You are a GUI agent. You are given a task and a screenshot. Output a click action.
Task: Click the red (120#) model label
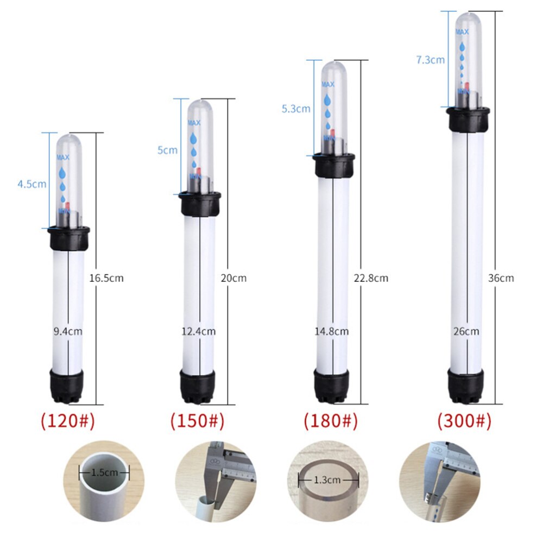tap(68, 421)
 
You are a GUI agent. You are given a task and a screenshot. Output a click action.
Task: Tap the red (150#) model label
tap(197, 421)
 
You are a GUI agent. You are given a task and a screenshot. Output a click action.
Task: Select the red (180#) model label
tap(331, 421)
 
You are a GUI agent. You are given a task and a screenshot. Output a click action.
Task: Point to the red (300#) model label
tap(465, 421)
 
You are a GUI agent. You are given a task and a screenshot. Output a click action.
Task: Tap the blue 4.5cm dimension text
tap(31, 184)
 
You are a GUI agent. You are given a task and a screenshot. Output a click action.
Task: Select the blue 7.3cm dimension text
tap(430, 60)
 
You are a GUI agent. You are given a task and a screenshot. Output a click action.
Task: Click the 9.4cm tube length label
tap(68, 330)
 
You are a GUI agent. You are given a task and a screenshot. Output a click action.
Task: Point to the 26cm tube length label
tap(466, 330)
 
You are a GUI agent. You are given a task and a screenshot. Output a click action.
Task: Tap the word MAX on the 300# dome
tap(462, 33)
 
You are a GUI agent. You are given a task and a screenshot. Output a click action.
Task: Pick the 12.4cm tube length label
tap(199, 330)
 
